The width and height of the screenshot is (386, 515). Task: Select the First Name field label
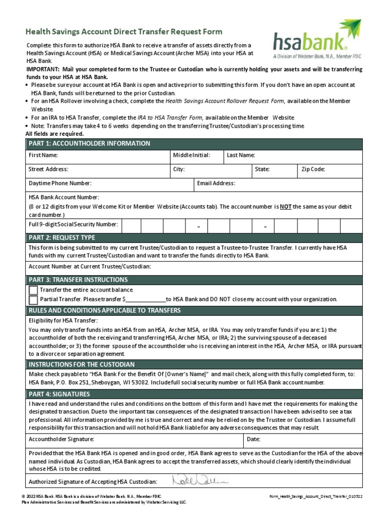[x=43, y=155]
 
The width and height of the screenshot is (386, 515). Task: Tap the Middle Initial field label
[x=191, y=155]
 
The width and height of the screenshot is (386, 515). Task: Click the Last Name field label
[x=241, y=155]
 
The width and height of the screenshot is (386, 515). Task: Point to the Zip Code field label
[x=313, y=169]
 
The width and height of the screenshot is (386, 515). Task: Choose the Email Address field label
[x=216, y=184]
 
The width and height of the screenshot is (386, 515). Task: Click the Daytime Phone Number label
[x=60, y=184]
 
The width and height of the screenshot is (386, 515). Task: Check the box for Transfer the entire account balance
[x=33, y=290]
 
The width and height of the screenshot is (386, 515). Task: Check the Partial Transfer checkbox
[x=33, y=300]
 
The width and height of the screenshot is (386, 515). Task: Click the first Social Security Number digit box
[x=131, y=226]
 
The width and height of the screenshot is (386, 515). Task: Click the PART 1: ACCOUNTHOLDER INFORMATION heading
[x=89, y=143]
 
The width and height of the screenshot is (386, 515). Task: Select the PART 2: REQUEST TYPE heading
[x=61, y=237]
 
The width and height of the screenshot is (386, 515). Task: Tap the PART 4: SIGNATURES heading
[x=59, y=394]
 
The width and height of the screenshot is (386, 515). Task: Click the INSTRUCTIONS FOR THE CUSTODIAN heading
[x=81, y=364]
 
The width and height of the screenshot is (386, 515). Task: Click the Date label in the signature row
[x=253, y=439]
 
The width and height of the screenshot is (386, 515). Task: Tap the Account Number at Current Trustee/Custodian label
[x=89, y=266]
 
